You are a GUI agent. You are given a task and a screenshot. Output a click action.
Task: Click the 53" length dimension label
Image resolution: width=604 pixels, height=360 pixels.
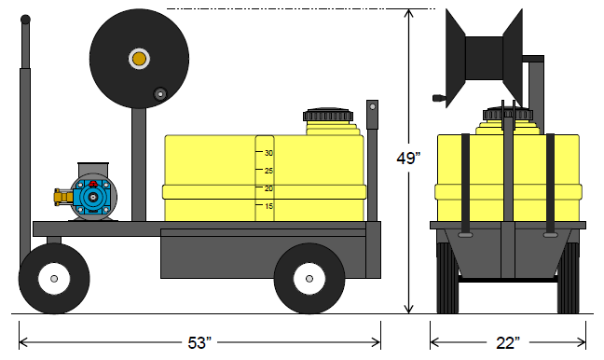[199, 342]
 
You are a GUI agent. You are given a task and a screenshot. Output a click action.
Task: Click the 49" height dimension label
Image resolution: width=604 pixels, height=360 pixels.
[408, 158]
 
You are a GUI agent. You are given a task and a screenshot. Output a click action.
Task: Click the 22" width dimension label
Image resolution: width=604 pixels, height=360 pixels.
[508, 342]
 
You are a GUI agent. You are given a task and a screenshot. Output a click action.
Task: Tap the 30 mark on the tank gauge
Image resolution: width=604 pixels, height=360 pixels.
[268, 153]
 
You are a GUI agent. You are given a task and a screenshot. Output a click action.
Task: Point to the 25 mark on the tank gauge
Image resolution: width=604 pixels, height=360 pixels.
[268, 171]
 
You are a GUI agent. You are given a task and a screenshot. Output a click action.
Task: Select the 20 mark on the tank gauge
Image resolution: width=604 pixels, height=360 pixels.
[268, 188]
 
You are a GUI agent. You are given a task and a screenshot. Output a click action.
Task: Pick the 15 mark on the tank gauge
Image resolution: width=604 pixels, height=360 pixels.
[268, 206]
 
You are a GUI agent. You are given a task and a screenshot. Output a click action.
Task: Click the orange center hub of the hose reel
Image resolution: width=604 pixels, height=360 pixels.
[139, 59]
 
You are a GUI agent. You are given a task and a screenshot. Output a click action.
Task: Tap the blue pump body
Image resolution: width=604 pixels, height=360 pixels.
[92, 197]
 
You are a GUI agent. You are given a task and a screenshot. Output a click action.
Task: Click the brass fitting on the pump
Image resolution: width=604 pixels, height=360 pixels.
[63, 197]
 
